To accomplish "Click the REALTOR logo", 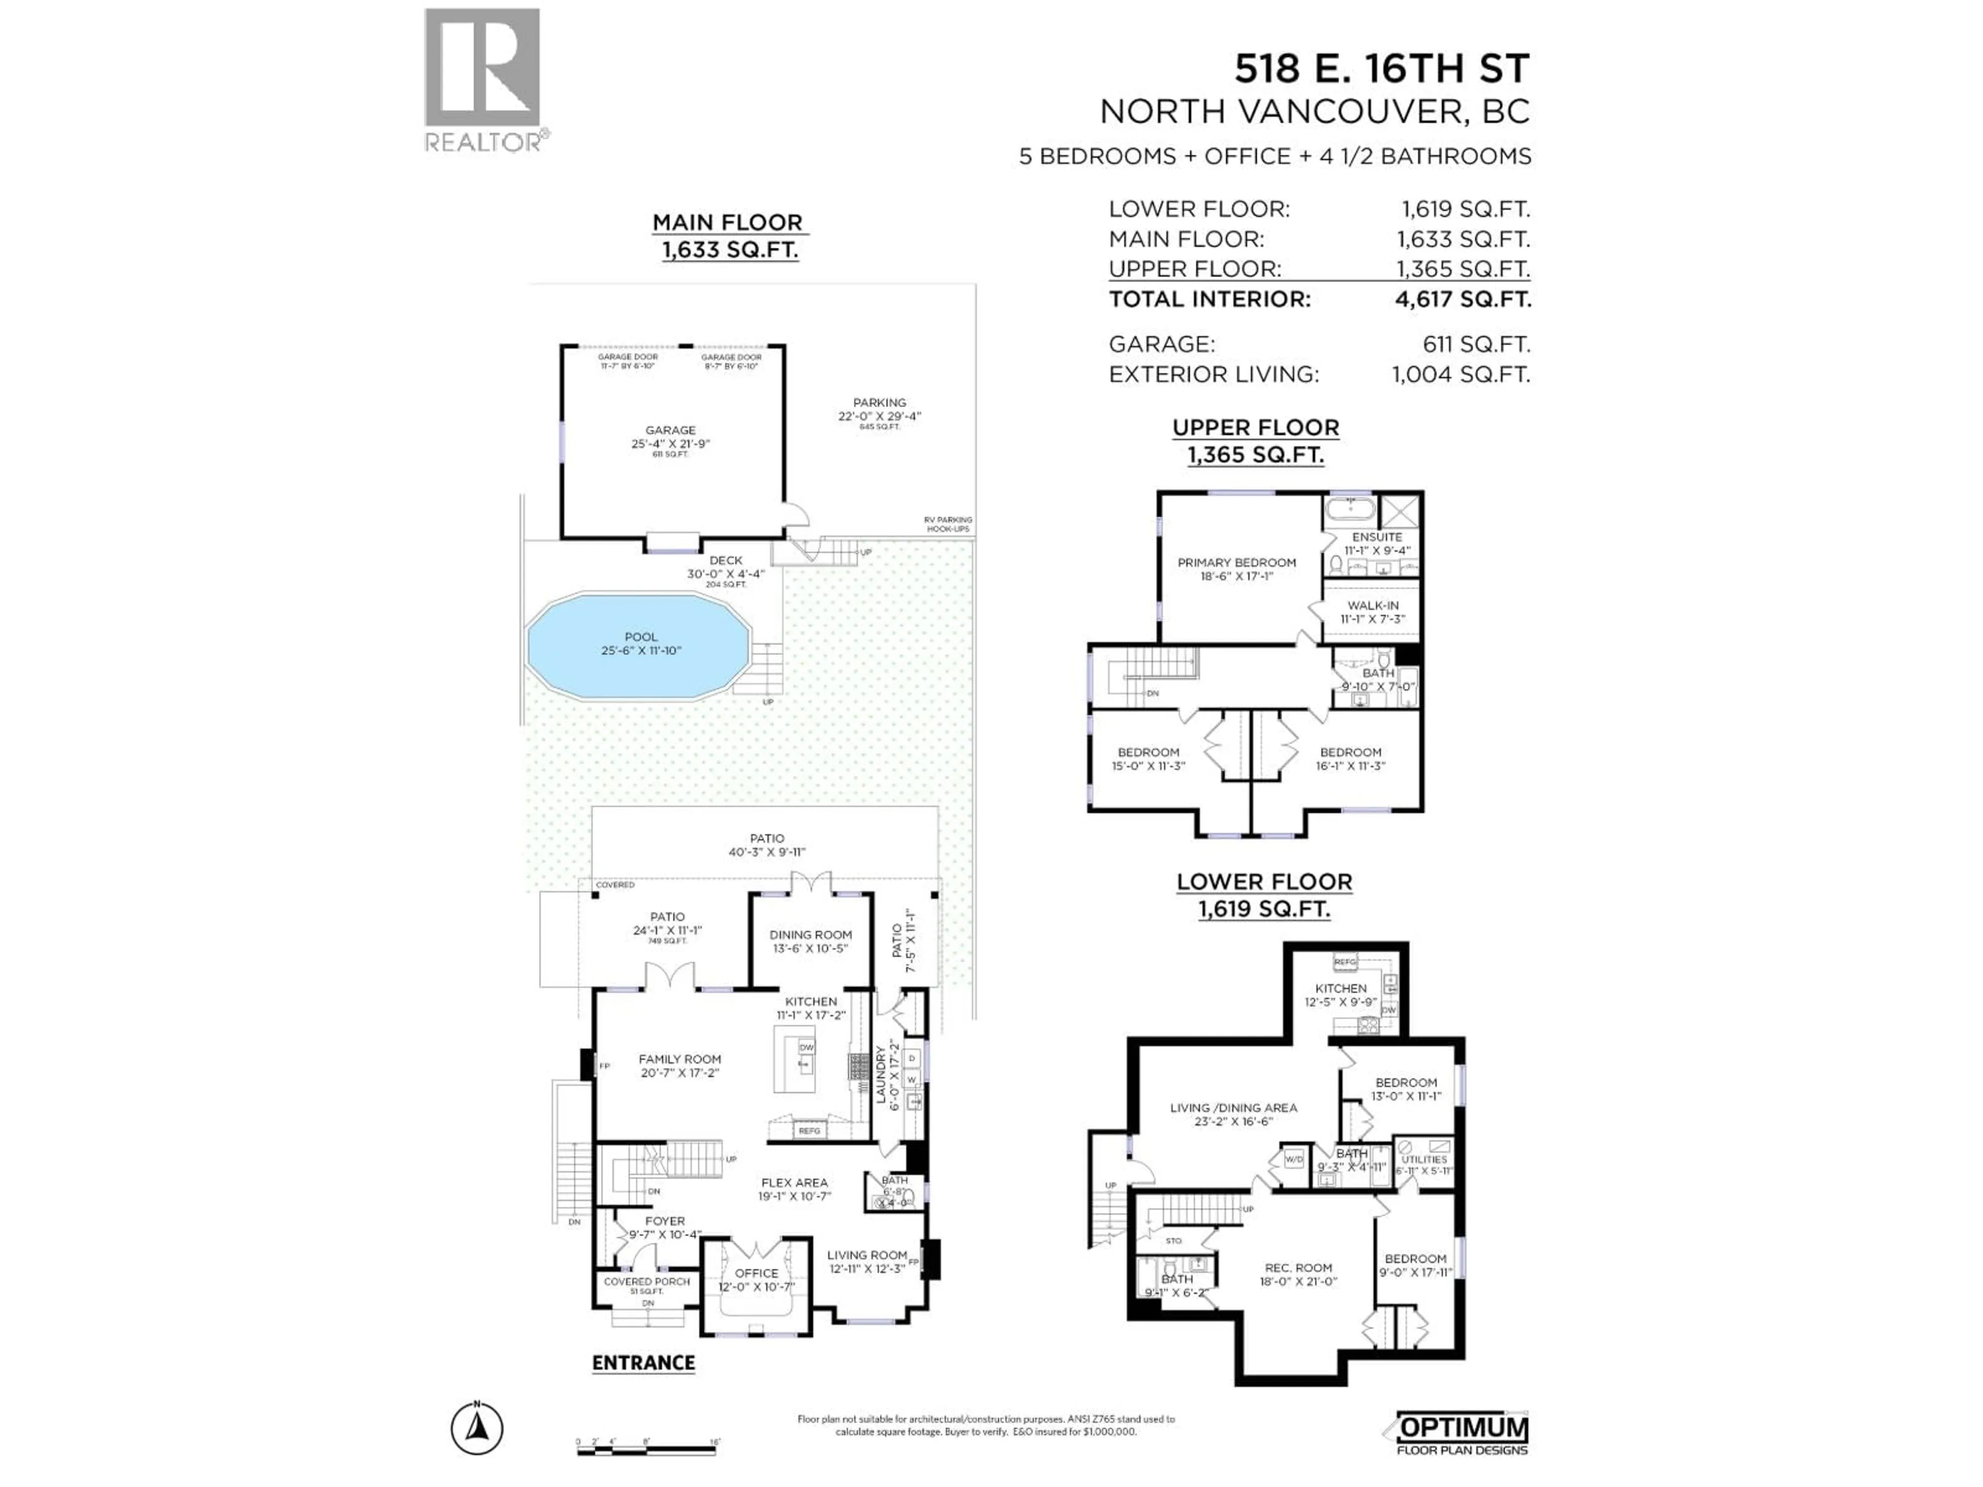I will click(482, 79).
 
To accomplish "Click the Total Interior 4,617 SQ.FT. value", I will click(1462, 299).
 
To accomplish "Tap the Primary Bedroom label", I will click(1236, 563).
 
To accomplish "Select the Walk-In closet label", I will click(1373, 606).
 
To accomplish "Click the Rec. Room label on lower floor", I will click(1298, 1268).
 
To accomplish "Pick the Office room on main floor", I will click(757, 1274).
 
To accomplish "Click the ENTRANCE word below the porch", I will click(643, 1363).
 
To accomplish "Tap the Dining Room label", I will click(810, 935).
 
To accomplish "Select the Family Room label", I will click(680, 1059).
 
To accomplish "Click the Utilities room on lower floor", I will click(1424, 1160).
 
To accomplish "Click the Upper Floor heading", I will click(1255, 428).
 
